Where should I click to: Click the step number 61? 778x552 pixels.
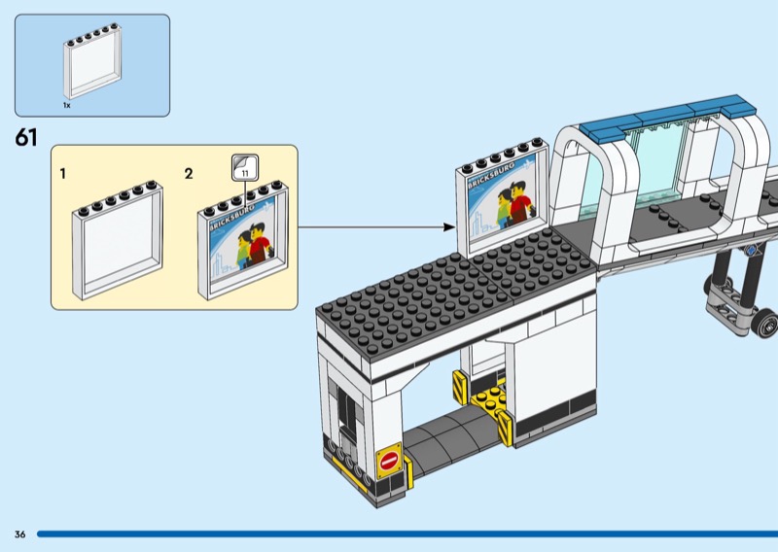(x=26, y=137)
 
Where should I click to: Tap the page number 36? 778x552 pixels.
(x=19, y=535)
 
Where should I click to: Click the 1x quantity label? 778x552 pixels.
(x=66, y=105)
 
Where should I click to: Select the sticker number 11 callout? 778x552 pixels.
(x=245, y=167)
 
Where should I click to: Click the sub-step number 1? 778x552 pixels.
(x=62, y=174)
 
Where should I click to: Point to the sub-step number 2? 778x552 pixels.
(x=189, y=174)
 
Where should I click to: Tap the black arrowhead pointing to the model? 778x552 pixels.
(x=449, y=227)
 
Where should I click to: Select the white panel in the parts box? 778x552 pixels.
(x=92, y=61)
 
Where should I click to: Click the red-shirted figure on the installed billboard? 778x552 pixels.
(x=520, y=202)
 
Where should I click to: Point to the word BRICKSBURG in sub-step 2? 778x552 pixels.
(x=231, y=217)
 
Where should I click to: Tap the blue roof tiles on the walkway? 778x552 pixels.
(x=667, y=114)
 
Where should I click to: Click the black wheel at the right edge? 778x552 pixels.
(x=765, y=323)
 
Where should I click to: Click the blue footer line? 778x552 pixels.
(x=407, y=535)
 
